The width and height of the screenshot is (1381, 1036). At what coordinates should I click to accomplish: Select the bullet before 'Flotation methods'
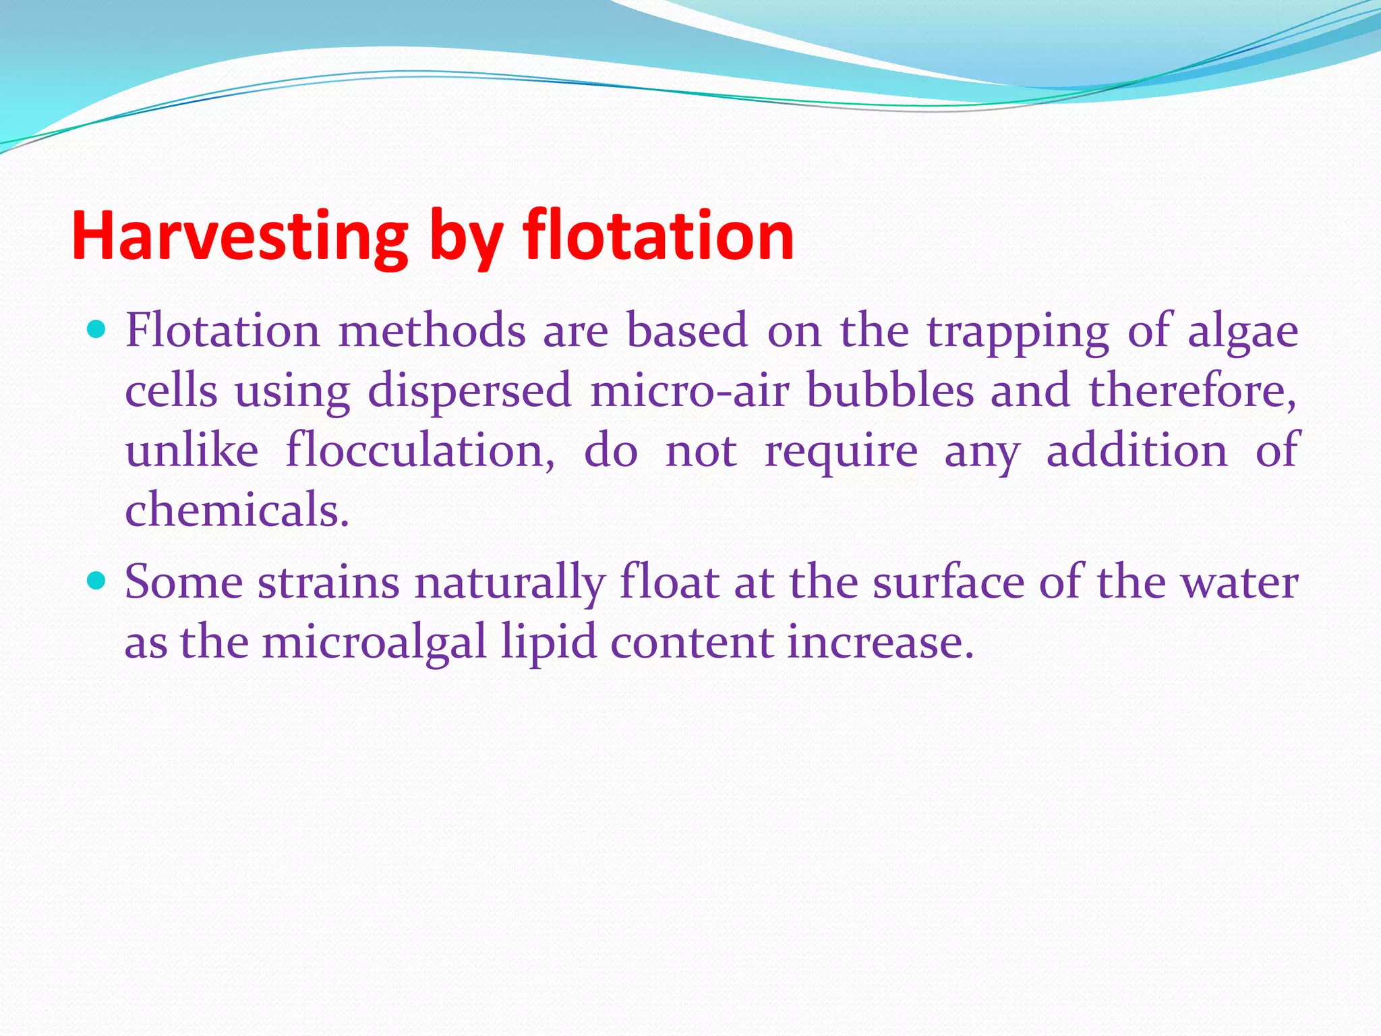point(97,330)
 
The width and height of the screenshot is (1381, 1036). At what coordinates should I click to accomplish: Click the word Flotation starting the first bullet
point(223,330)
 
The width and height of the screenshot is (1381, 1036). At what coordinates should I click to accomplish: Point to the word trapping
point(1018,333)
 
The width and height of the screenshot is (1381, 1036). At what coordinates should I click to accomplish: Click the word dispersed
point(469,391)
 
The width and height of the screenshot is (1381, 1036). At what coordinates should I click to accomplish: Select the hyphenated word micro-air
point(688,391)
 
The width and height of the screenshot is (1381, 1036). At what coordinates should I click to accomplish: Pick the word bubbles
point(890,391)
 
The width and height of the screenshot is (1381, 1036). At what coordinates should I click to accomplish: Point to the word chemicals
point(237,509)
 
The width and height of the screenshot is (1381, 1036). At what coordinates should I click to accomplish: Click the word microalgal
point(374,641)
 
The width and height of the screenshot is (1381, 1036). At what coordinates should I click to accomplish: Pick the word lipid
point(549,642)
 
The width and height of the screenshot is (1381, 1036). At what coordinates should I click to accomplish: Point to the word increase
point(880,641)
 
